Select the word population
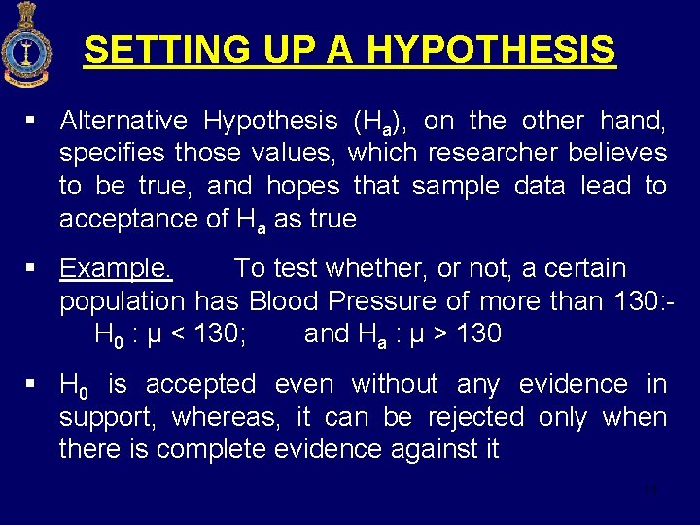(x=123, y=301)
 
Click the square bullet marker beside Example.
(x=33, y=269)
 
